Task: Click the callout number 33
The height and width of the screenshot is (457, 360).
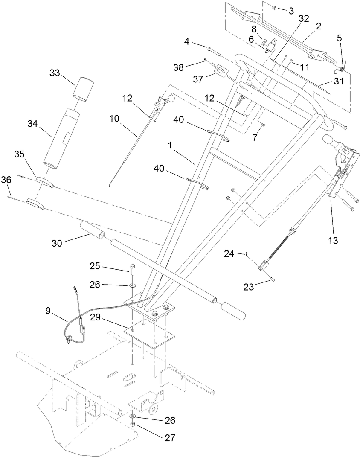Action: pyautogui.click(x=55, y=73)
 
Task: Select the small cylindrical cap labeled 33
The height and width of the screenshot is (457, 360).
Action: pyautogui.click(x=82, y=88)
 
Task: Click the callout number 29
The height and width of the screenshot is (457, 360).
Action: pyautogui.click(x=96, y=317)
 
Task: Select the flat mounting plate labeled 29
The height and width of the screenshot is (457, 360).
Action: pyautogui.click(x=147, y=335)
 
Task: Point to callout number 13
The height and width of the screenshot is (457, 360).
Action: pyautogui.click(x=332, y=241)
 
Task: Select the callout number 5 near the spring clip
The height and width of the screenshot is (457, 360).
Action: pyautogui.click(x=339, y=38)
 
